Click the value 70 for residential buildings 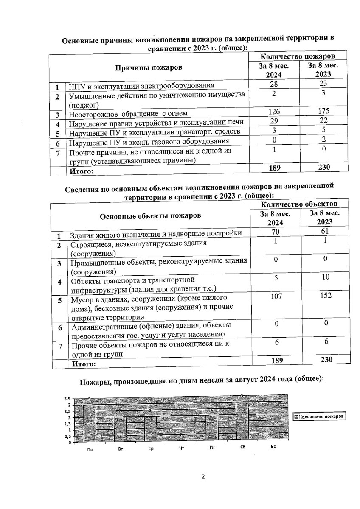pyautogui.click(x=276, y=232)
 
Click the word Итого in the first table pyautogui.click(x=82, y=172)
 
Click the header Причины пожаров pyautogui.click(x=149, y=68)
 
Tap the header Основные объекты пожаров pyautogui.click(x=151, y=216)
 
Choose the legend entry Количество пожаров pyautogui.click(x=319, y=417)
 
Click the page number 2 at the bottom pyautogui.click(x=203, y=477)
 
